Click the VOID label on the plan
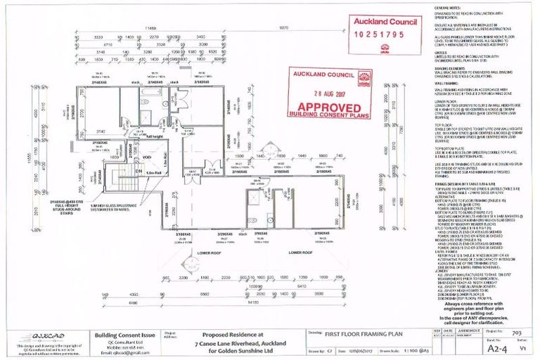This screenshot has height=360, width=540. (x=147, y=157)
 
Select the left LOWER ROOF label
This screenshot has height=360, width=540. (x=210, y=251)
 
